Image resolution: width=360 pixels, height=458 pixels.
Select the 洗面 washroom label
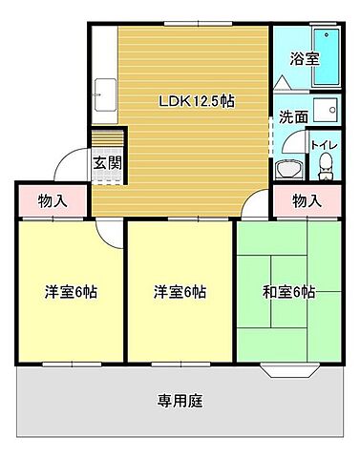[292, 118]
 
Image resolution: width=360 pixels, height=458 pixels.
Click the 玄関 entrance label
[106, 162]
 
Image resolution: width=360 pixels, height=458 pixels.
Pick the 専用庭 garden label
[180, 400]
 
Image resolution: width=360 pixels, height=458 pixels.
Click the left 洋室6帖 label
[72, 292]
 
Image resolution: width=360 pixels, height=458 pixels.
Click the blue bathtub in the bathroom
[328, 57]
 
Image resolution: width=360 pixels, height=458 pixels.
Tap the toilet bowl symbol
[325, 169]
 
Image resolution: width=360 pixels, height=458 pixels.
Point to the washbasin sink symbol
[287, 170]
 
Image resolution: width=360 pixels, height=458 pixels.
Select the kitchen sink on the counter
[104, 97]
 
